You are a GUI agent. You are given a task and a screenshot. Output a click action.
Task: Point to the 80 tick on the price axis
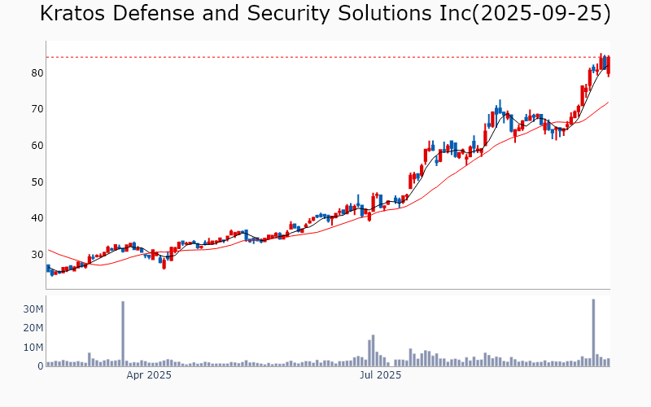pyautogui.click(x=37, y=73)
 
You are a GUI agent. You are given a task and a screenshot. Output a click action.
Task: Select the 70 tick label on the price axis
pyautogui.click(x=37, y=109)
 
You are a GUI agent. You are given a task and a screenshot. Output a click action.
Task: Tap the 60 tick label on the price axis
pyautogui.click(x=37, y=146)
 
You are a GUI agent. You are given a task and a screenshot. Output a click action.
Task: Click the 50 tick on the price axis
pyautogui.click(x=37, y=182)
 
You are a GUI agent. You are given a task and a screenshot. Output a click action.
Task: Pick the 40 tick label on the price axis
pyautogui.click(x=37, y=218)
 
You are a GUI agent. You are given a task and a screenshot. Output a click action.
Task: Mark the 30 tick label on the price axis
pyautogui.click(x=37, y=255)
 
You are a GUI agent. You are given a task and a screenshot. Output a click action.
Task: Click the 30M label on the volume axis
pyautogui.click(x=33, y=309)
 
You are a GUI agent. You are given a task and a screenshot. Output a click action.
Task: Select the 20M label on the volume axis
pyautogui.click(x=33, y=328)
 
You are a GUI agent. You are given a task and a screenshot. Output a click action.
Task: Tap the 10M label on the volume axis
pyautogui.click(x=33, y=348)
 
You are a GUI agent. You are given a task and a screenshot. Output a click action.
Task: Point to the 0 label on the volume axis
pyautogui.click(x=39, y=366)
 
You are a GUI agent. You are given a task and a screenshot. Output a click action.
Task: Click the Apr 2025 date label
pyautogui.click(x=148, y=375)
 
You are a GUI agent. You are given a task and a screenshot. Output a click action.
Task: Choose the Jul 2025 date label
pyautogui.click(x=380, y=375)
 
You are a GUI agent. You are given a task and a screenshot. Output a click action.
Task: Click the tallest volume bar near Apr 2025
pyautogui.click(x=123, y=334)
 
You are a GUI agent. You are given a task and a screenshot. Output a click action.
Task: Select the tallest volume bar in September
pyautogui.click(x=593, y=332)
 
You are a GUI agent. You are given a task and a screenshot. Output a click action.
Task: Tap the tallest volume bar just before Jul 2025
pyautogui.click(x=373, y=350)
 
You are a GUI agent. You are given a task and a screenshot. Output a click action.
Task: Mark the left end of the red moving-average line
pyautogui.click(x=48, y=250)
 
